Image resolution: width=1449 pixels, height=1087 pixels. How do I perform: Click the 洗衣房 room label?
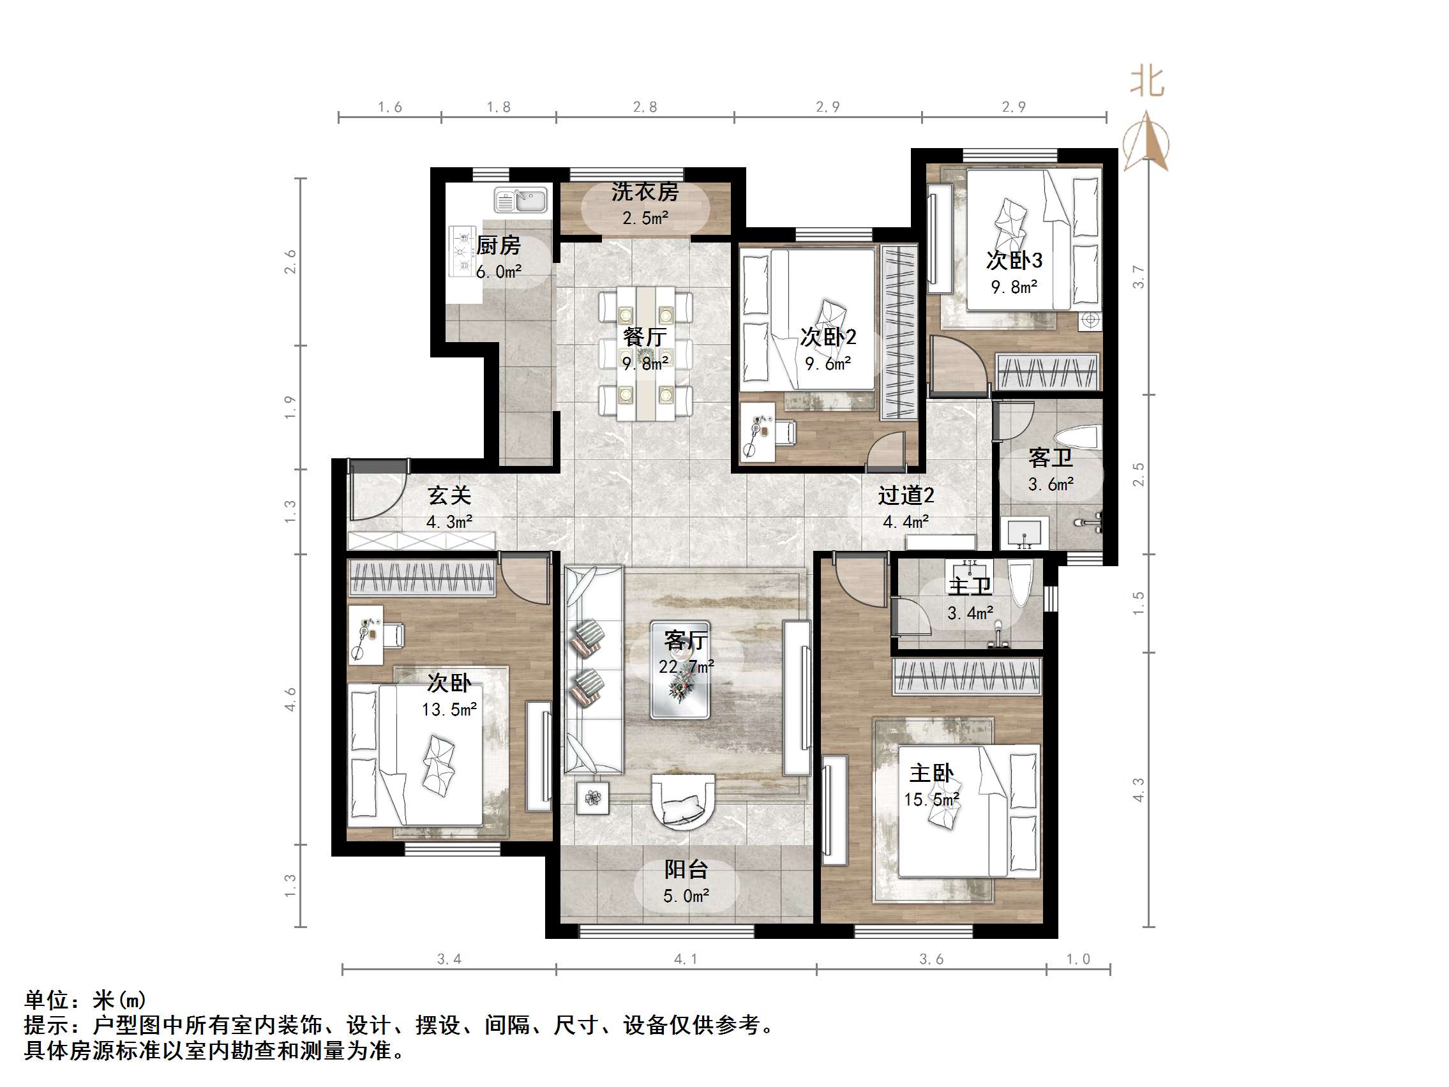[x=645, y=191]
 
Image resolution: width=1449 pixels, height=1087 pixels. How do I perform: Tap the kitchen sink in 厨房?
[x=521, y=200]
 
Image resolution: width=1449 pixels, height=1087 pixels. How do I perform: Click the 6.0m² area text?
[x=499, y=272]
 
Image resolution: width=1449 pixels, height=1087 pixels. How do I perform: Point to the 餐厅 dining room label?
[x=645, y=337]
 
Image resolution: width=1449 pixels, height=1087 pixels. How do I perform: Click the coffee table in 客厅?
[x=680, y=670]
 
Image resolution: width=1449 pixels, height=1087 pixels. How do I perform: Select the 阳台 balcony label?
[x=686, y=869]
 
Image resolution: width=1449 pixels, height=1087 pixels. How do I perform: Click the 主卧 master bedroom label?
[x=931, y=774]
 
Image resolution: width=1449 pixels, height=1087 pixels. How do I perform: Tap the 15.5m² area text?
[x=931, y=800]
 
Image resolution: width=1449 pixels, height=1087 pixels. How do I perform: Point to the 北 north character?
[x=1147, y=82]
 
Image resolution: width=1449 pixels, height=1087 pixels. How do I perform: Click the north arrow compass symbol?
[x=1146, y=142]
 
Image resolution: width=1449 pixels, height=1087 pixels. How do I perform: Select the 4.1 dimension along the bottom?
[x=685, y=959]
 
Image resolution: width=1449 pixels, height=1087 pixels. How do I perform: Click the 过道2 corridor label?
[x=905, y=495]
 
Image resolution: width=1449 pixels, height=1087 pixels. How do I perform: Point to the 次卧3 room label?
[x=1014, y=260]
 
